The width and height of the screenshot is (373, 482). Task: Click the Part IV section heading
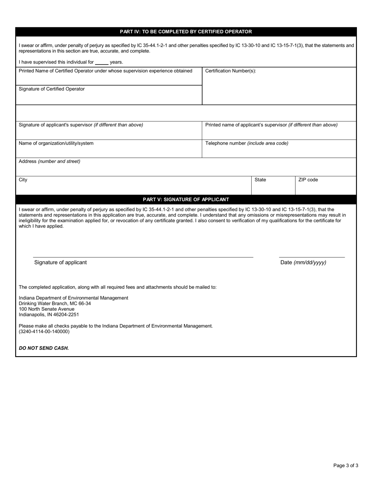[x=186, y=32]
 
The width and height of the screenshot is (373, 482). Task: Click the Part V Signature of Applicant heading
[x=186, y=199]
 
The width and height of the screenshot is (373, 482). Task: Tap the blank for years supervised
[x=102, y=62]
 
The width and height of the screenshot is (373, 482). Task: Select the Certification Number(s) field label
[x=230, y=71]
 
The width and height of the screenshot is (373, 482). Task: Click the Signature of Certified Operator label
[x=51, y=89]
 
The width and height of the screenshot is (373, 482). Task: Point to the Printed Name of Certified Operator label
[x=105, y=71]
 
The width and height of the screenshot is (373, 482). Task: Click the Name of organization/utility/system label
[x=56, y=143]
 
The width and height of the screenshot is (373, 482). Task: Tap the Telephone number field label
[x=247, y=143]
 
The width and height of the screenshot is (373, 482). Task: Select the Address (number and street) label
[x=49, y=161]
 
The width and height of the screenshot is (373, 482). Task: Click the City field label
[x=23, y=180]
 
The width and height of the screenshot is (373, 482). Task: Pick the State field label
[x=260, y=180]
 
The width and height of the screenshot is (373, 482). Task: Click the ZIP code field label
[x=308, y=180]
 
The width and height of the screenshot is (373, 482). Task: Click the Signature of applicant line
[x=143, y=256]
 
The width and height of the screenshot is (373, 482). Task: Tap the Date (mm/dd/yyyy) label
[x=303, y=263]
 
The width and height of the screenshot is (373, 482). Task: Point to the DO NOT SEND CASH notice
[x=44, y=348]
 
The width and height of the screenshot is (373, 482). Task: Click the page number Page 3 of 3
[x=346, y=466]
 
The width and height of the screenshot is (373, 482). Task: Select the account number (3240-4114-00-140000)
[x=44, y=332]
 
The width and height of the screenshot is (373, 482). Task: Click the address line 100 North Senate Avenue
[x=46, y=309]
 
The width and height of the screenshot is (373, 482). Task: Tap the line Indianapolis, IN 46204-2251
[x=49, y=314]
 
